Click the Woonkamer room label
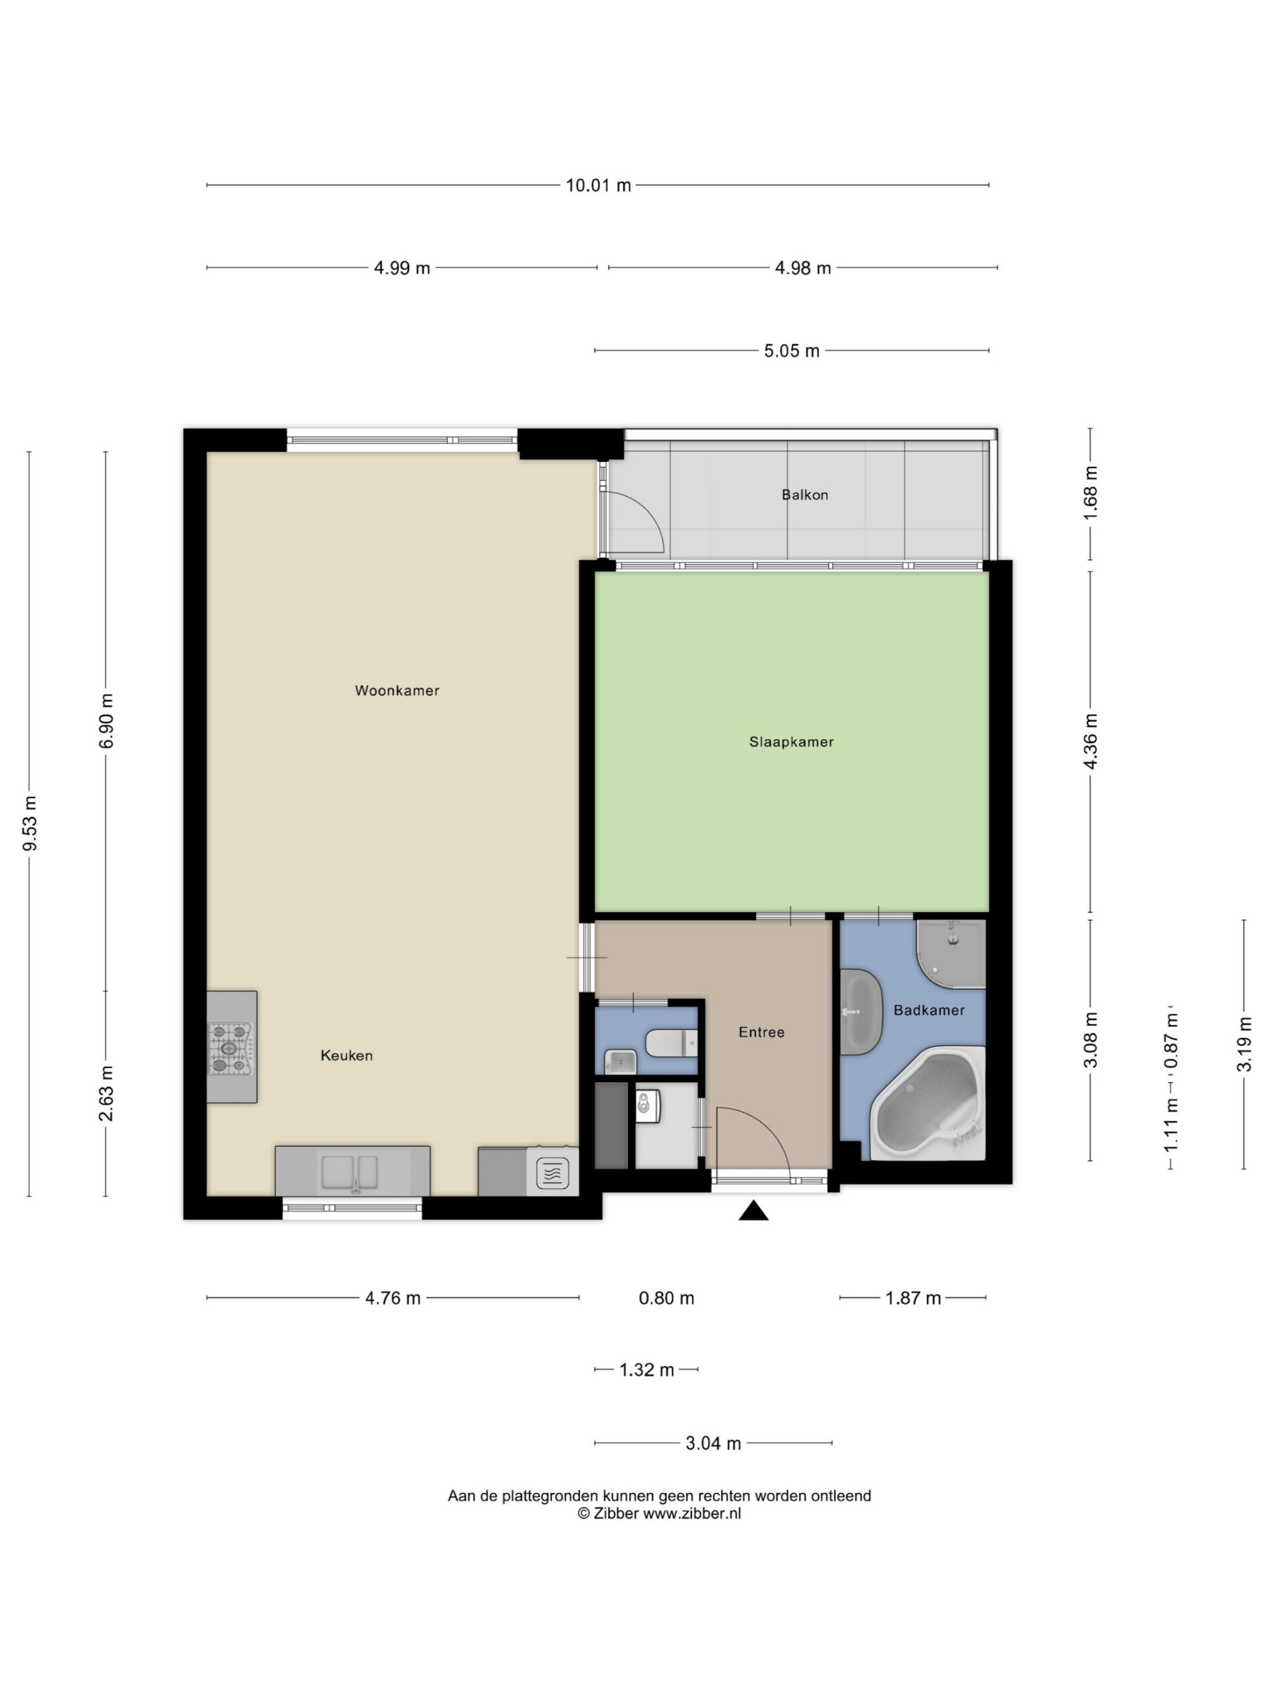(396, 691)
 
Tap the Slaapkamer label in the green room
(791, 742)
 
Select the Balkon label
(805, 495)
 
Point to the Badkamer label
(930, 1010)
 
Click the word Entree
(761, 1033)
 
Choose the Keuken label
(347, 1055)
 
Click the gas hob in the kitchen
(229, 1047)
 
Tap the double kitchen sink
(350, 1171)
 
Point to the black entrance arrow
(753, 1210)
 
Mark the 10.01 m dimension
(598, 185)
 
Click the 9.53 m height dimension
(30, 823)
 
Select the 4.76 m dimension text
(393, 1298)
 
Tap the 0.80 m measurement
(666, 1298)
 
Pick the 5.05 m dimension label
(792, 351)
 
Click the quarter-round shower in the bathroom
(951, 954)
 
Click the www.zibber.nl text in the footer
(692, 1513)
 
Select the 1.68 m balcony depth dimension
(1091, 493)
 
